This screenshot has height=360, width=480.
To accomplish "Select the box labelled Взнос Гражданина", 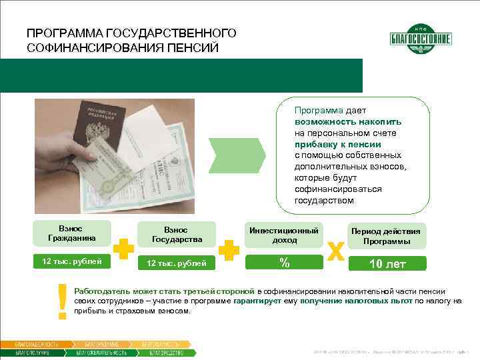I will point(71,233).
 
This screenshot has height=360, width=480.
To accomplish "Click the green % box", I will point(284,263).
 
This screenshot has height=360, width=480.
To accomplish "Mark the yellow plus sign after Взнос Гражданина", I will point(121,250).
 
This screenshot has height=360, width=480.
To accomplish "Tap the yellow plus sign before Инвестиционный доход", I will point(229,250).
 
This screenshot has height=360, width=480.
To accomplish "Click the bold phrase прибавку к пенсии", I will point(337,144).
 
